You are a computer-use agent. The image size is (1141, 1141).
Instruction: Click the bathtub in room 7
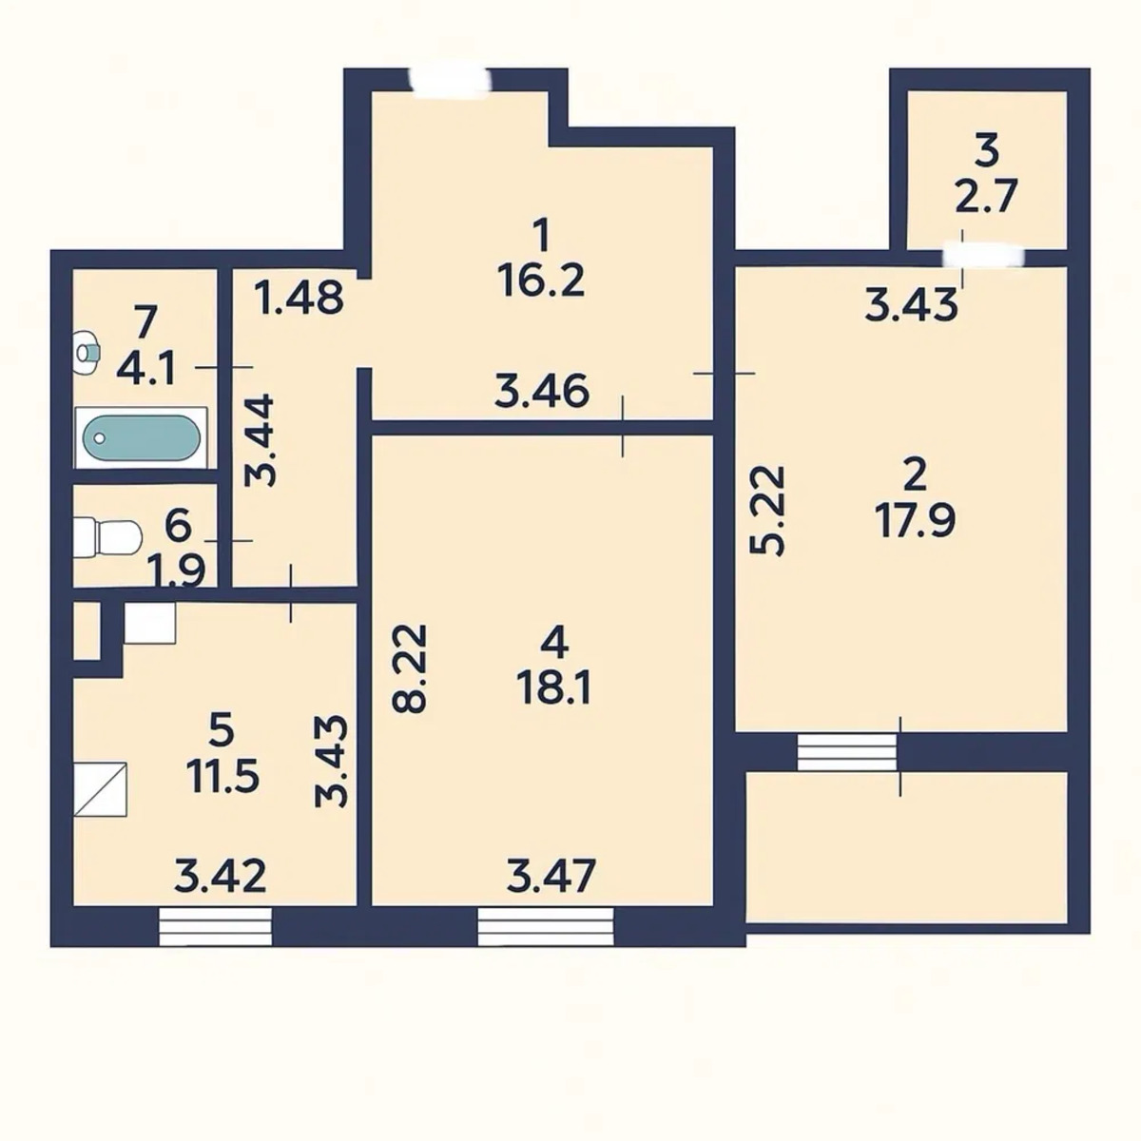point(141,437)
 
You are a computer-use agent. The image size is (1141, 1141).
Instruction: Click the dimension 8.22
point(409,667)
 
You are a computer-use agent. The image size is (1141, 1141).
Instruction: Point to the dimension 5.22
point(767,511)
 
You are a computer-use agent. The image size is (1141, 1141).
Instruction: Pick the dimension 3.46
point(542,391)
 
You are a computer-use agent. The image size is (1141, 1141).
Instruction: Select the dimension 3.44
point(260,440)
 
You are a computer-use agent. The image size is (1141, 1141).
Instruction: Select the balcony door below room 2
point(847,751)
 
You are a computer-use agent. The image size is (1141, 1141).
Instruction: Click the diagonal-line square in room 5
point(100,788)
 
